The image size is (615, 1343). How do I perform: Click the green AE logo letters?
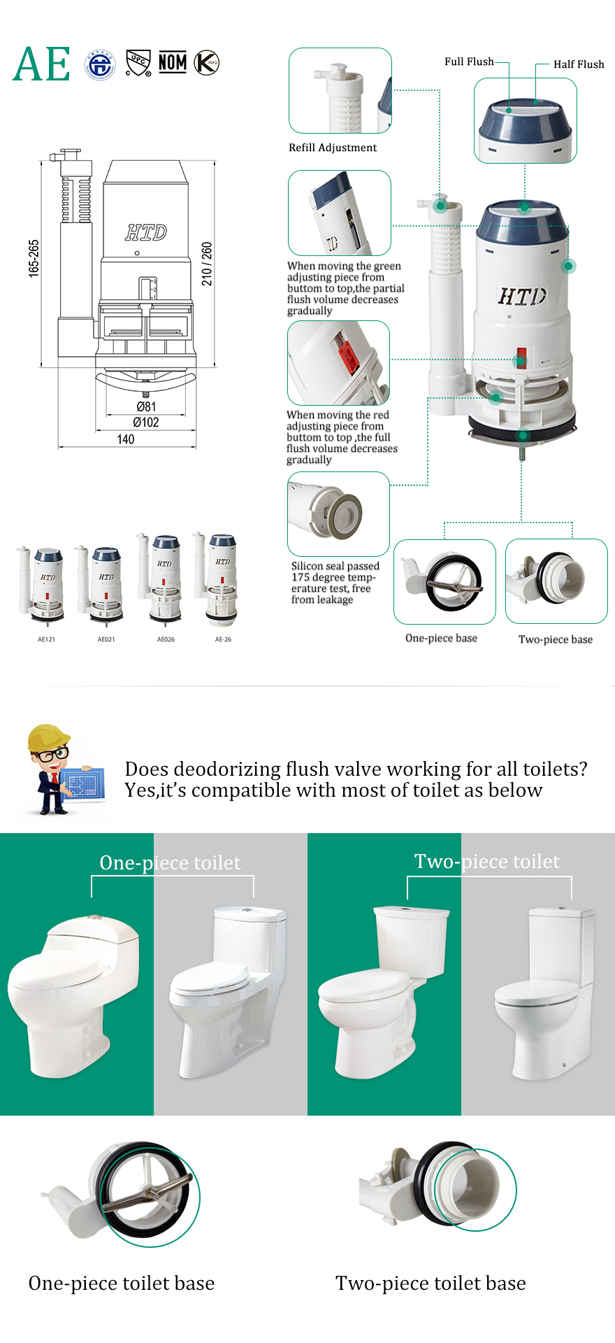pos(41,64)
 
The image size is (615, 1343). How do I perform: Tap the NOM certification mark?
pos(173,63)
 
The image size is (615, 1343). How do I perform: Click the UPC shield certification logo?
pos(138,63)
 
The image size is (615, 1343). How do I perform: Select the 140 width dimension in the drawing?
pos(126,439)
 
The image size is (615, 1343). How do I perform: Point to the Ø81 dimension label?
pos(145,406)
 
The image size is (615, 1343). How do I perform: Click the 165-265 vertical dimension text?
pos(34,258)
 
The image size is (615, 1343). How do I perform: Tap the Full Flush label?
pos(469,62)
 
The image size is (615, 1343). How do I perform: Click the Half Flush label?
pos(578,64)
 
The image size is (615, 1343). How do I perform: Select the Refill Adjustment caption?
pos(333,148)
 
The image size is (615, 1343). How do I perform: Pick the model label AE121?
pos(46,639)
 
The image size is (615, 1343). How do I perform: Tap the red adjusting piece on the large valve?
pos(520,357)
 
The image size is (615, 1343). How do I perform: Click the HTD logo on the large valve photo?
pos(521,297)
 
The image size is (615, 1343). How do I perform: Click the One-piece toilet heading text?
pos(170,862)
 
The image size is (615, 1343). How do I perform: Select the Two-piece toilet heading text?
pos(486,861)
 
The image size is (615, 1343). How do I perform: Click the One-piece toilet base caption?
pos(122,1284)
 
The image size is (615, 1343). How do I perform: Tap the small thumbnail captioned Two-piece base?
pos(556,581)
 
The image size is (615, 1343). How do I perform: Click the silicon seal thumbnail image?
pos(338,514)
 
